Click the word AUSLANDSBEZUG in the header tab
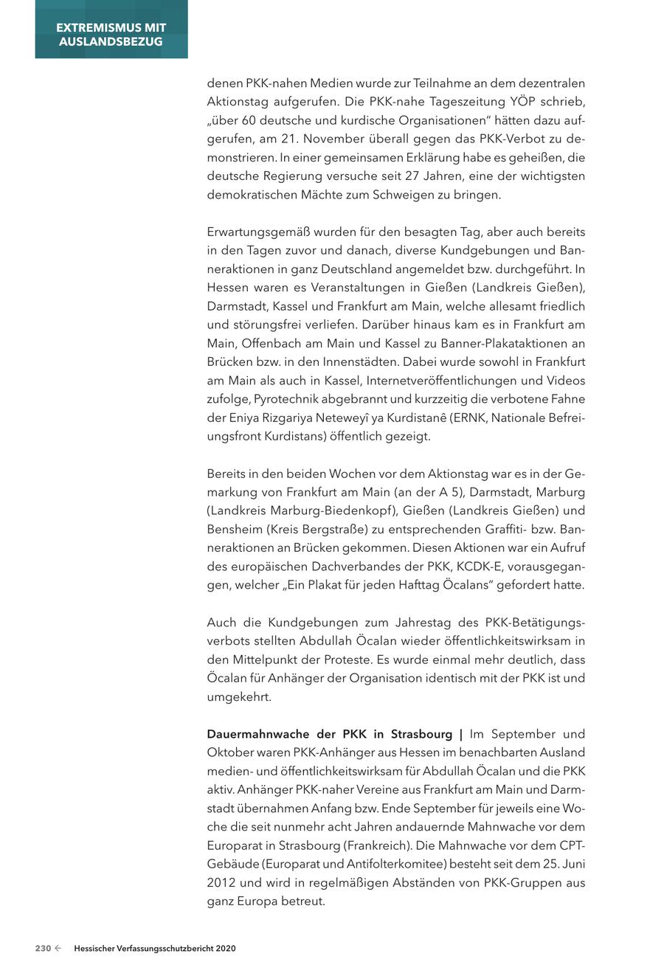pos(111,42)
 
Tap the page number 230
pos(43,949)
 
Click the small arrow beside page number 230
pos(58,949)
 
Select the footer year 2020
pos(224,949)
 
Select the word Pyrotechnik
pos(289,399)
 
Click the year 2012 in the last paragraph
pos(221,883)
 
